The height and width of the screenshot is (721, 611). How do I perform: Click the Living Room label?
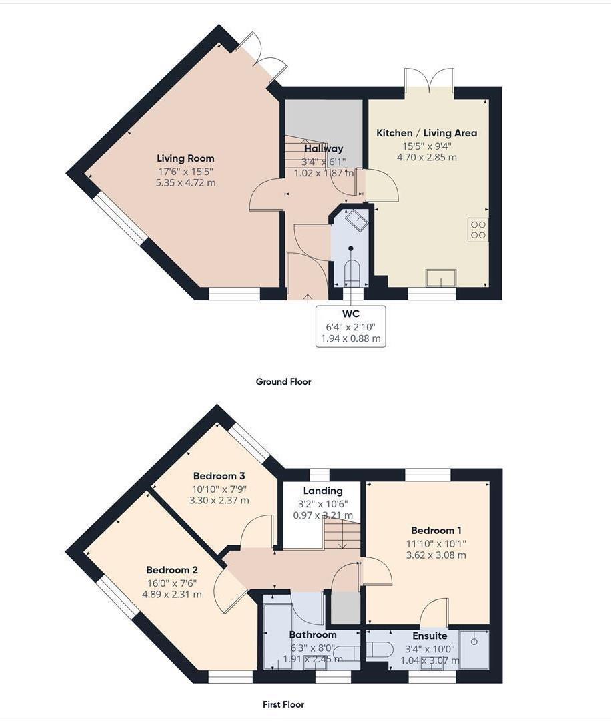(185, 158)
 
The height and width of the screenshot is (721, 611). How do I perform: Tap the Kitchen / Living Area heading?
(426, 133)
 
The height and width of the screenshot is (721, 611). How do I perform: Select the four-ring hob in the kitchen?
(478, 229)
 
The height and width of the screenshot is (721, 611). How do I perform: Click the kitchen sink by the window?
(442, 278)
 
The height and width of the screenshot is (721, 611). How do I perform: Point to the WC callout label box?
(350, 326)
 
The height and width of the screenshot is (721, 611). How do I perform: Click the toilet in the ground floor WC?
(351, 272)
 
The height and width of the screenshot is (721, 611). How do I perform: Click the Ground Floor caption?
(283, 382)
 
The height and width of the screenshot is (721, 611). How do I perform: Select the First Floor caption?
(283, 704)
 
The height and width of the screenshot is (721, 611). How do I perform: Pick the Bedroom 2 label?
(172, 570)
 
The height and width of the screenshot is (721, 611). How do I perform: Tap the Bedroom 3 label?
(219, 476)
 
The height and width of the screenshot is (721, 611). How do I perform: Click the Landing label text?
(323, 491)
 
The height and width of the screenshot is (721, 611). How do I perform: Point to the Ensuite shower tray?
(474, 648)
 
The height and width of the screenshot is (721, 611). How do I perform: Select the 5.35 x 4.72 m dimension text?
(185, 182)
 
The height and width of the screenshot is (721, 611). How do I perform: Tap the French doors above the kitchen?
(430, 80)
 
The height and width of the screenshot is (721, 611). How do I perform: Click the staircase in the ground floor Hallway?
(300, 160)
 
